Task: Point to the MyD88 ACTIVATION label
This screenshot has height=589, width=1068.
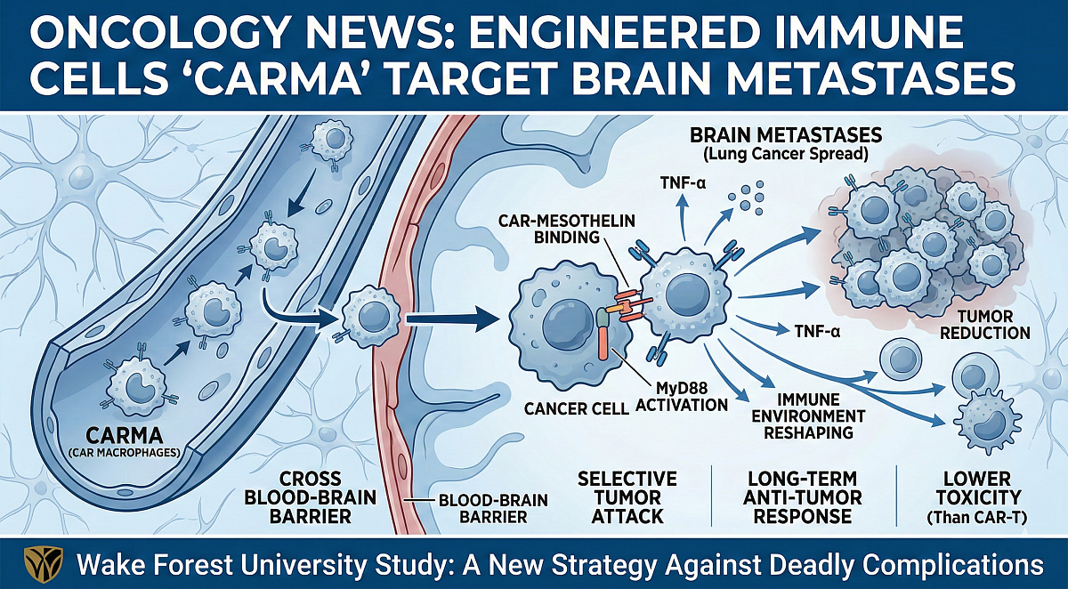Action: coord(673,397)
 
